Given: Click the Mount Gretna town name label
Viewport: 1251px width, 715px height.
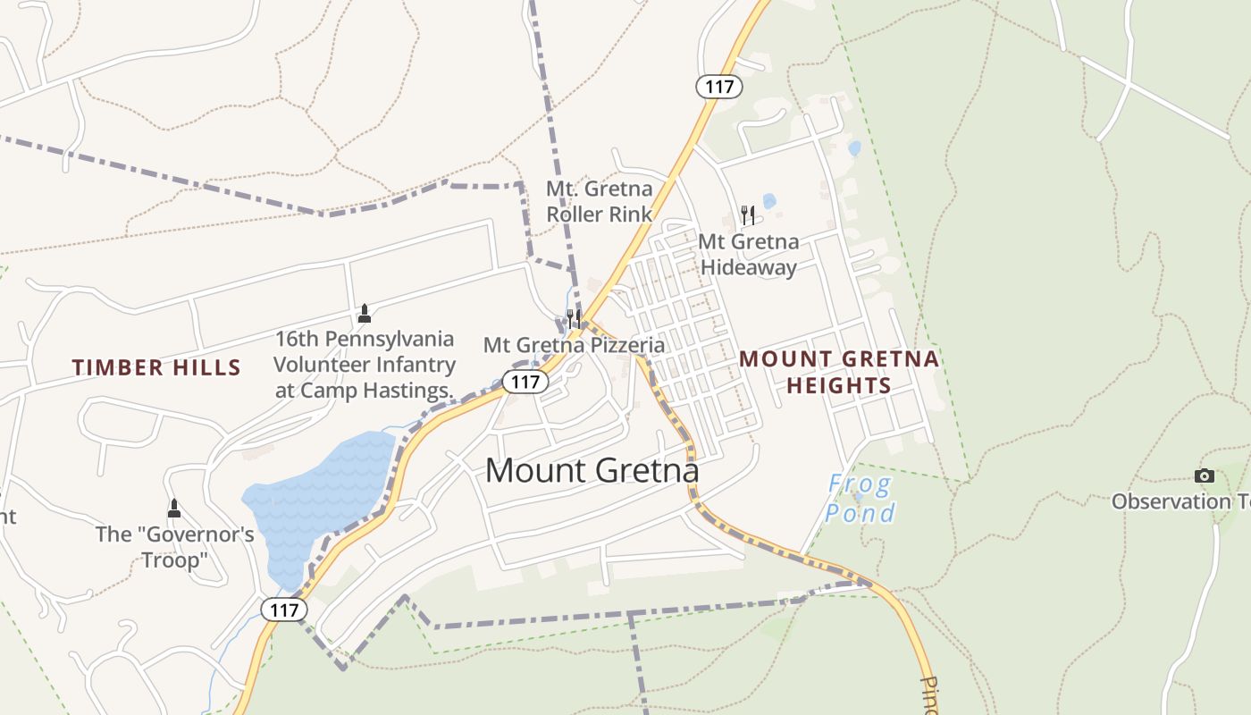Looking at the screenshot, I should [x=592, y=470].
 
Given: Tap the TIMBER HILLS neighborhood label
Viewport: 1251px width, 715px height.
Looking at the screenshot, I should [x=156, y=367].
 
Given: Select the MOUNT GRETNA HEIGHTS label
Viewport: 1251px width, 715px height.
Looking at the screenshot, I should [x=838, y=372].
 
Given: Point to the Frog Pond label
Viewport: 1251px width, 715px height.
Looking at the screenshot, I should [x=860, y=499].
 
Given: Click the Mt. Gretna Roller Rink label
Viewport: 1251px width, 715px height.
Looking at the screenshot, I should [x=599, y=202].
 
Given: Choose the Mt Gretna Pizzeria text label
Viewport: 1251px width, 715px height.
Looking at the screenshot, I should [x=574, y=345].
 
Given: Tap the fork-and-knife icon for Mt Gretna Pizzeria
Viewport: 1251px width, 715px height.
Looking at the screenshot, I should [x=574, y=319].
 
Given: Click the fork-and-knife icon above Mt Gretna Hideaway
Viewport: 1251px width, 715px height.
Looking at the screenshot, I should [x=748, y=215].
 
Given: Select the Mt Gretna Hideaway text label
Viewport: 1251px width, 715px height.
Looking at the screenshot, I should [x=748, y=255].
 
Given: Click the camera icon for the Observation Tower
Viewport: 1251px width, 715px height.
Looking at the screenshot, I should [x=1205, y=476].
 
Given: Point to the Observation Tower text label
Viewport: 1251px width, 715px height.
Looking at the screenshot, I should [x=1180, y=501].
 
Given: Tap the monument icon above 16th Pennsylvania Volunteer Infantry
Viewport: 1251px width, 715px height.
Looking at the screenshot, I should [x=364, y=314].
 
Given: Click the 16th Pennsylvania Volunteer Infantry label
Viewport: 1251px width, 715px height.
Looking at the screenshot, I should [x=364, y=365].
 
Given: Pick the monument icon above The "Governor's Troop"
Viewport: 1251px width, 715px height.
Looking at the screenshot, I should [x=174, y=509].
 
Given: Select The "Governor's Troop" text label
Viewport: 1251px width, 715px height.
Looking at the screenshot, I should [x=175, y=547].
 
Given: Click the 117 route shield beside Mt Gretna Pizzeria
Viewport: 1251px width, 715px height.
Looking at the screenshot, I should [x=525, y=383].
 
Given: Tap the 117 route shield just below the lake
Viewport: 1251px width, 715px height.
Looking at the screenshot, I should [x=284, y=610].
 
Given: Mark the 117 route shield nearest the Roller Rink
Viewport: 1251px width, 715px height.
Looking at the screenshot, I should [x=719, y=87].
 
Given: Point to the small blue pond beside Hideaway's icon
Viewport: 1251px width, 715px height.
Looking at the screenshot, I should [x=769, y=201].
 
